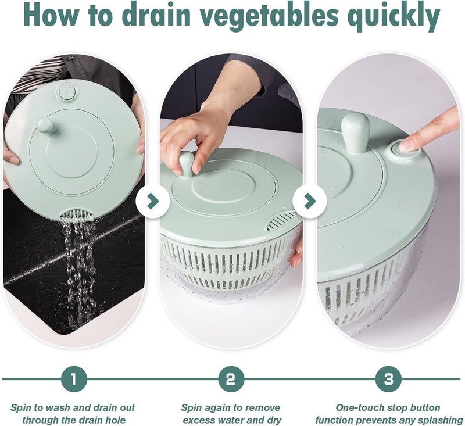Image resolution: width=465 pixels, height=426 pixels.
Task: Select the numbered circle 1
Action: click(x=74, y=379)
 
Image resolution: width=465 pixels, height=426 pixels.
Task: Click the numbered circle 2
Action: click(x=231, y=379)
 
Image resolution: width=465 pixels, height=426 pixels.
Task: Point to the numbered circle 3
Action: click(x=388, y=379)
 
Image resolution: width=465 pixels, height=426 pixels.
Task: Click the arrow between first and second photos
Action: click(x=153, y=201)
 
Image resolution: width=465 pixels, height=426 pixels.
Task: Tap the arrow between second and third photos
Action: click(x=310, y=201)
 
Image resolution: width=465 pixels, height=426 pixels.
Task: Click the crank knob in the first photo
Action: click(x=45, y=124)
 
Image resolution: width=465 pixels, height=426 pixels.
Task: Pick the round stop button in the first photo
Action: click(x=67, y=92)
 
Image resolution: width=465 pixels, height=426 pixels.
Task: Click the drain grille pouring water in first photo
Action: click(x=77, y=215)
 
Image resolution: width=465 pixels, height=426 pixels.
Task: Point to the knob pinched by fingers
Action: click(x=186, y=164)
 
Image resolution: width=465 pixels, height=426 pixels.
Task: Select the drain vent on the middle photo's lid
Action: click(x=281, y=220)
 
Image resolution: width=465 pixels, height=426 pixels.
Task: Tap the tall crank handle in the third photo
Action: click(x=355, y=133)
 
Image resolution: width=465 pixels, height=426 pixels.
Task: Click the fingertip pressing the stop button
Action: click(x=407, y=145)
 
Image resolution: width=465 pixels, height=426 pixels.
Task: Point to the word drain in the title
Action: click(x=155, y=16)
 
